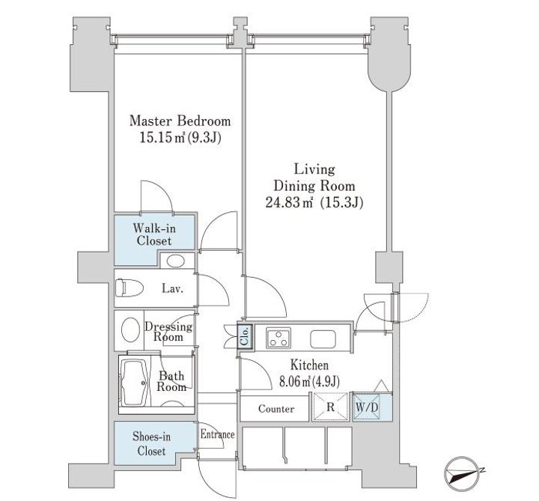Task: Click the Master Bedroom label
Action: [180, 121]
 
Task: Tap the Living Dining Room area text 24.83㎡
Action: [289, 202]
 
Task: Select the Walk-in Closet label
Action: [154, 234]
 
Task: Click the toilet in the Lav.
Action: [130, 288]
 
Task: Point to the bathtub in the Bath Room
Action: [135, 383]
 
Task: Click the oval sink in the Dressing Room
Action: [130, 330]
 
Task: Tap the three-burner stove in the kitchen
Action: [278, 338]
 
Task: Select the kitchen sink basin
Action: [323, 338]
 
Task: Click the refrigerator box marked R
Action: [330, 407]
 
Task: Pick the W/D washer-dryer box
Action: [367, 407]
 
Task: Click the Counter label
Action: [276, 409]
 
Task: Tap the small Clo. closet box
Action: [245, 336]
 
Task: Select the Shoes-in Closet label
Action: [151, 443]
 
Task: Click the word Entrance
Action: [217, 434]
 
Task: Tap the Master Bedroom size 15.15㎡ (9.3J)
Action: [180, 138]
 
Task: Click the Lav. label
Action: [173, 289]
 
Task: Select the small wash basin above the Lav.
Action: [176, 261]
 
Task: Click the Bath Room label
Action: [171, 381]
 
